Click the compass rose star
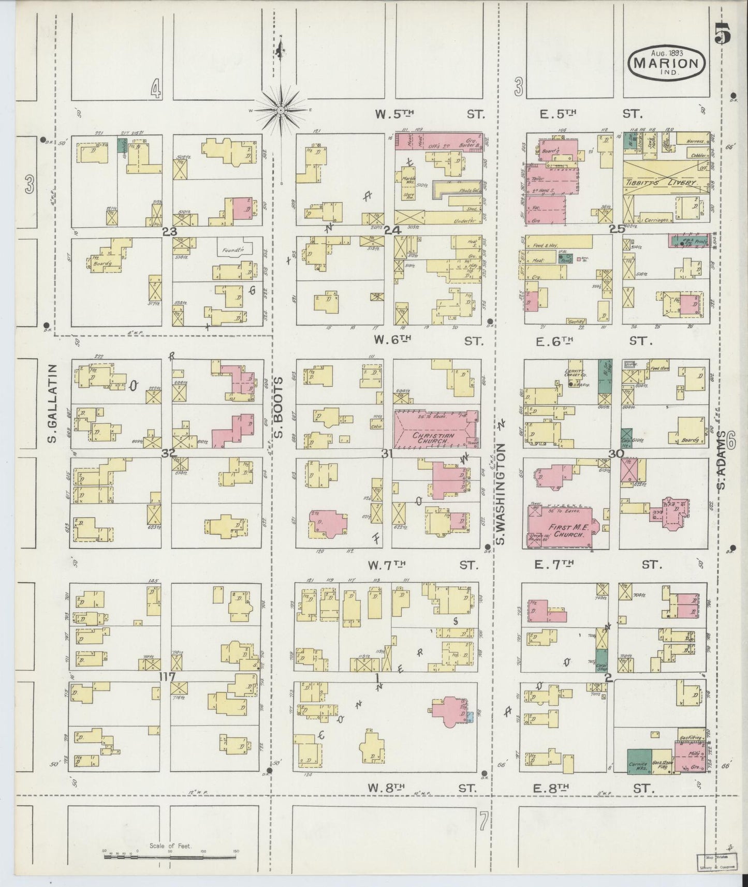tap(281, 110)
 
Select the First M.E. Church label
tap(562, 530)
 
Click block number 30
tap(616, 453)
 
